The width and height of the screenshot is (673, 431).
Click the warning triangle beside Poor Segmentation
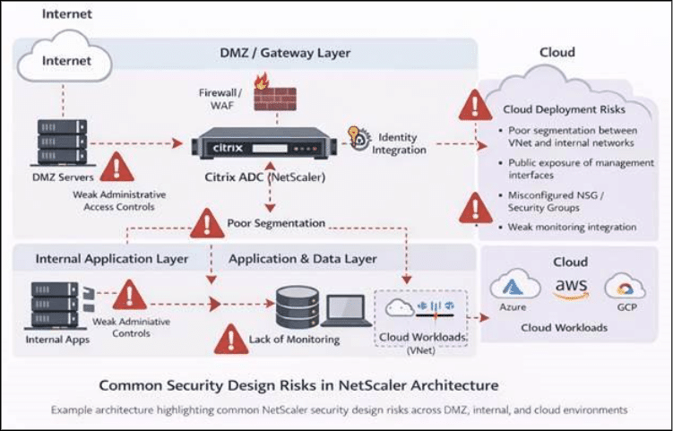[x=208, y=222]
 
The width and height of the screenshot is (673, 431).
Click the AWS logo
[x=568, y=288]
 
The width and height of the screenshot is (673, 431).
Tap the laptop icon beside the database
[x=341, y=309]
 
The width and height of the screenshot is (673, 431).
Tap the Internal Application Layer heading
[x=112, y=259]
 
